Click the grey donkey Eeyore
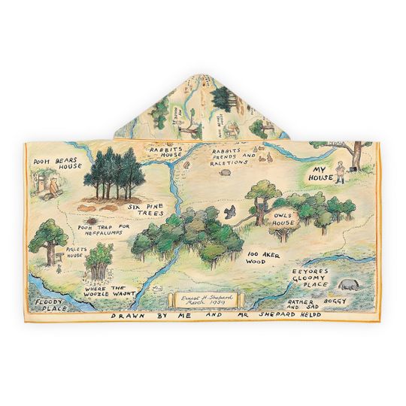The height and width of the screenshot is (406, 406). coord(350,286)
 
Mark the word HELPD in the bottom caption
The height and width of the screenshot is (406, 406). coord(303,315)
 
